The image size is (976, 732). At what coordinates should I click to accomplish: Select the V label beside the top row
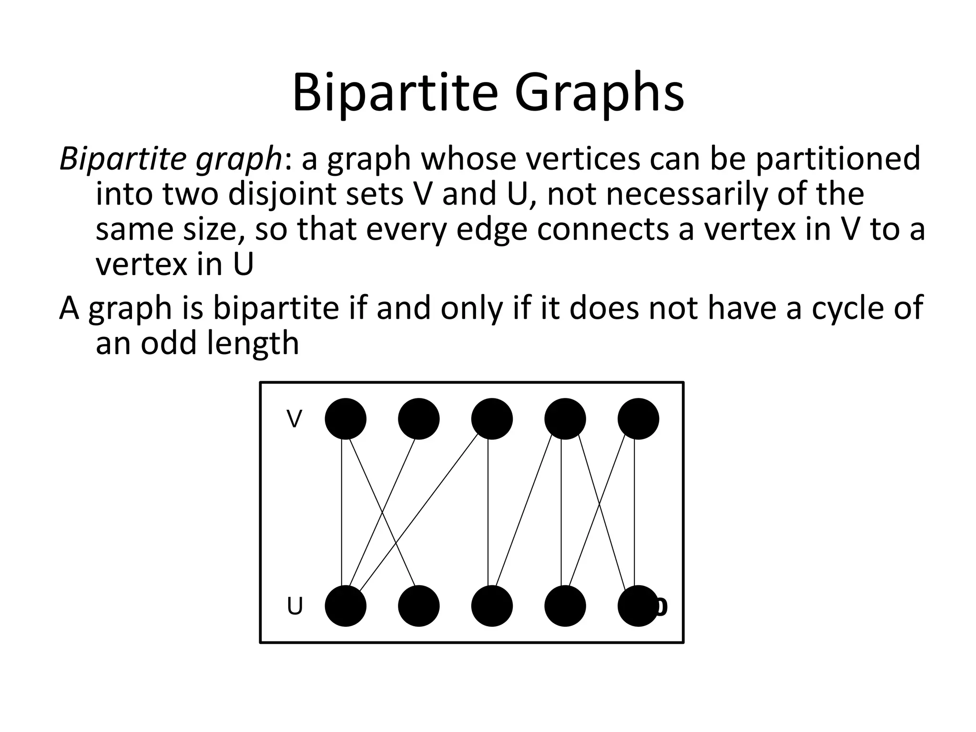pos(295,419)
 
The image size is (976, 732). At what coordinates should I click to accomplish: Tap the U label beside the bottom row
pos(295,607)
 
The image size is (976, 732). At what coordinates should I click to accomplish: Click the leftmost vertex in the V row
pos(346,419)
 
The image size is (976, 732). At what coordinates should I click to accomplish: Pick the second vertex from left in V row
pos(419,419)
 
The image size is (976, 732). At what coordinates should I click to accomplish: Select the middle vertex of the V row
pos(492,419)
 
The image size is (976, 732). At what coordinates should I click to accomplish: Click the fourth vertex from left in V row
pos(565,419)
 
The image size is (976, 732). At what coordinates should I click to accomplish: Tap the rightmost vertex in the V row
pos(638,419)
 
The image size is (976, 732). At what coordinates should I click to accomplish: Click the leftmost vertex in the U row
pos(346,606)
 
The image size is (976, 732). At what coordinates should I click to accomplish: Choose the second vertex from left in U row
pos(419,606)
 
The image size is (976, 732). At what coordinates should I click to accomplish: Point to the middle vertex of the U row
pos(492,606)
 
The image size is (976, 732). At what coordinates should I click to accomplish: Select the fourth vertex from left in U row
pos(565,606)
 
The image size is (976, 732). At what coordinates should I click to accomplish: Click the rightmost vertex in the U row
pos(638,606)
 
